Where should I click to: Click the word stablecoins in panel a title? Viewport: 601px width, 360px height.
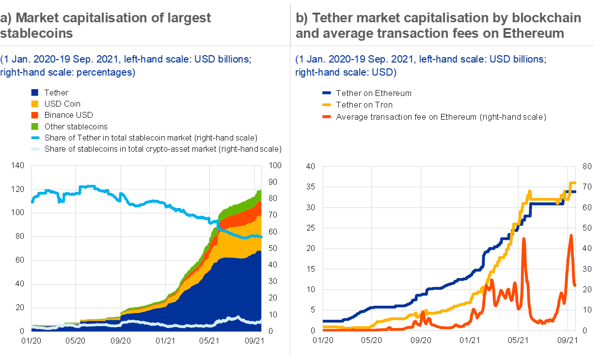point(36,33)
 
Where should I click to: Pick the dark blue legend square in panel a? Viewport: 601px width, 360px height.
point(34,93)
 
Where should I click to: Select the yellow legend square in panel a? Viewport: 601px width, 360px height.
point(34,104)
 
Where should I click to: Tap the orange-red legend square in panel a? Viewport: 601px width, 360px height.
point(34,115)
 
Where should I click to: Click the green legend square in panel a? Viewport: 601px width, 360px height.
point(34,126)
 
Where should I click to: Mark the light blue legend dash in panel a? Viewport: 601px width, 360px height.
point(35,138)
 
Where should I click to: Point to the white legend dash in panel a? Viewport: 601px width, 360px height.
point(35,149)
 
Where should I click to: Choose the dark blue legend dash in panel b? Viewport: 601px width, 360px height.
point(327,93)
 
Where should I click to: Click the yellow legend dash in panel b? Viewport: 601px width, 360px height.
point(327,104)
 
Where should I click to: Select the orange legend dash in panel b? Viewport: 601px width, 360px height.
point(327,116)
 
